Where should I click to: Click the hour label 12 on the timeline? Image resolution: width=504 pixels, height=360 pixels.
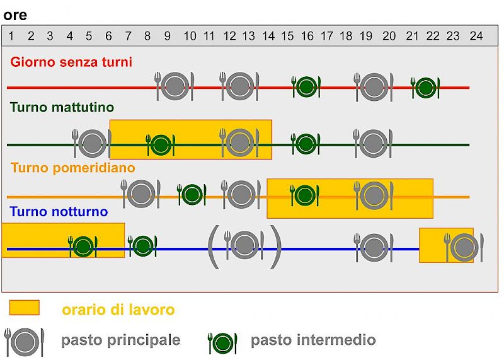click(229, 36)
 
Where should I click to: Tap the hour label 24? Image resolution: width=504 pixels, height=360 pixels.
click(476, 36)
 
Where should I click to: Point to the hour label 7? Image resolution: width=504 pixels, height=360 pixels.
click(128, 36)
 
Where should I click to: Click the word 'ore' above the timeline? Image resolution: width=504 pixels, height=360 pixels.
click(15, 15)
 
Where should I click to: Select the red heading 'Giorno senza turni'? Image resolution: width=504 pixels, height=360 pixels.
click(71, 62)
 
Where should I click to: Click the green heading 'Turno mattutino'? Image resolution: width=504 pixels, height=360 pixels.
click(62, 107)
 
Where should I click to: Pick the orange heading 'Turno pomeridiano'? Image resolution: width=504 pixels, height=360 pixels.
click(72, 168)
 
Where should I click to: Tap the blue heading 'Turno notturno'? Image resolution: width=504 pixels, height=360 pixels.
click(59, 212)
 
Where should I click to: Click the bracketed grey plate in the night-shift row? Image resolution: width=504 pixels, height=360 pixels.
click(245, 246)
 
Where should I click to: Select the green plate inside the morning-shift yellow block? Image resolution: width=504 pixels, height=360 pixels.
click(161, 145)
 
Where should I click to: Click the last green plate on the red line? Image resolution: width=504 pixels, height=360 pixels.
click(426, 88)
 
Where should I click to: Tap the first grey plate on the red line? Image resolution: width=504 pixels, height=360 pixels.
click(175, 86)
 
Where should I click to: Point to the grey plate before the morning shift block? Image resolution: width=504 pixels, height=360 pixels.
click(92, 144)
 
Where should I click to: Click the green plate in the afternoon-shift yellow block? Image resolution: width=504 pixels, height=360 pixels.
click(304, 195)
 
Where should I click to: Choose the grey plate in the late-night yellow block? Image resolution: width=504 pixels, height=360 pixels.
click(464, 247)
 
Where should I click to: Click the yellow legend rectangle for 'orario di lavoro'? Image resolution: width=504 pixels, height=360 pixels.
click(25, 308)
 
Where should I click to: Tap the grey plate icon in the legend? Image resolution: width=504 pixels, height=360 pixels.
click(25, 342)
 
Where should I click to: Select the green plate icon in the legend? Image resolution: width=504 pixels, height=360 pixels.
click(222, 343)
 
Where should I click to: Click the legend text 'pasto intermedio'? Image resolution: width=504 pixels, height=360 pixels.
click(313, 340)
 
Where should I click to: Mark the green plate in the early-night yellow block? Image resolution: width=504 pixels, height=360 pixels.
click(83, 247)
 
